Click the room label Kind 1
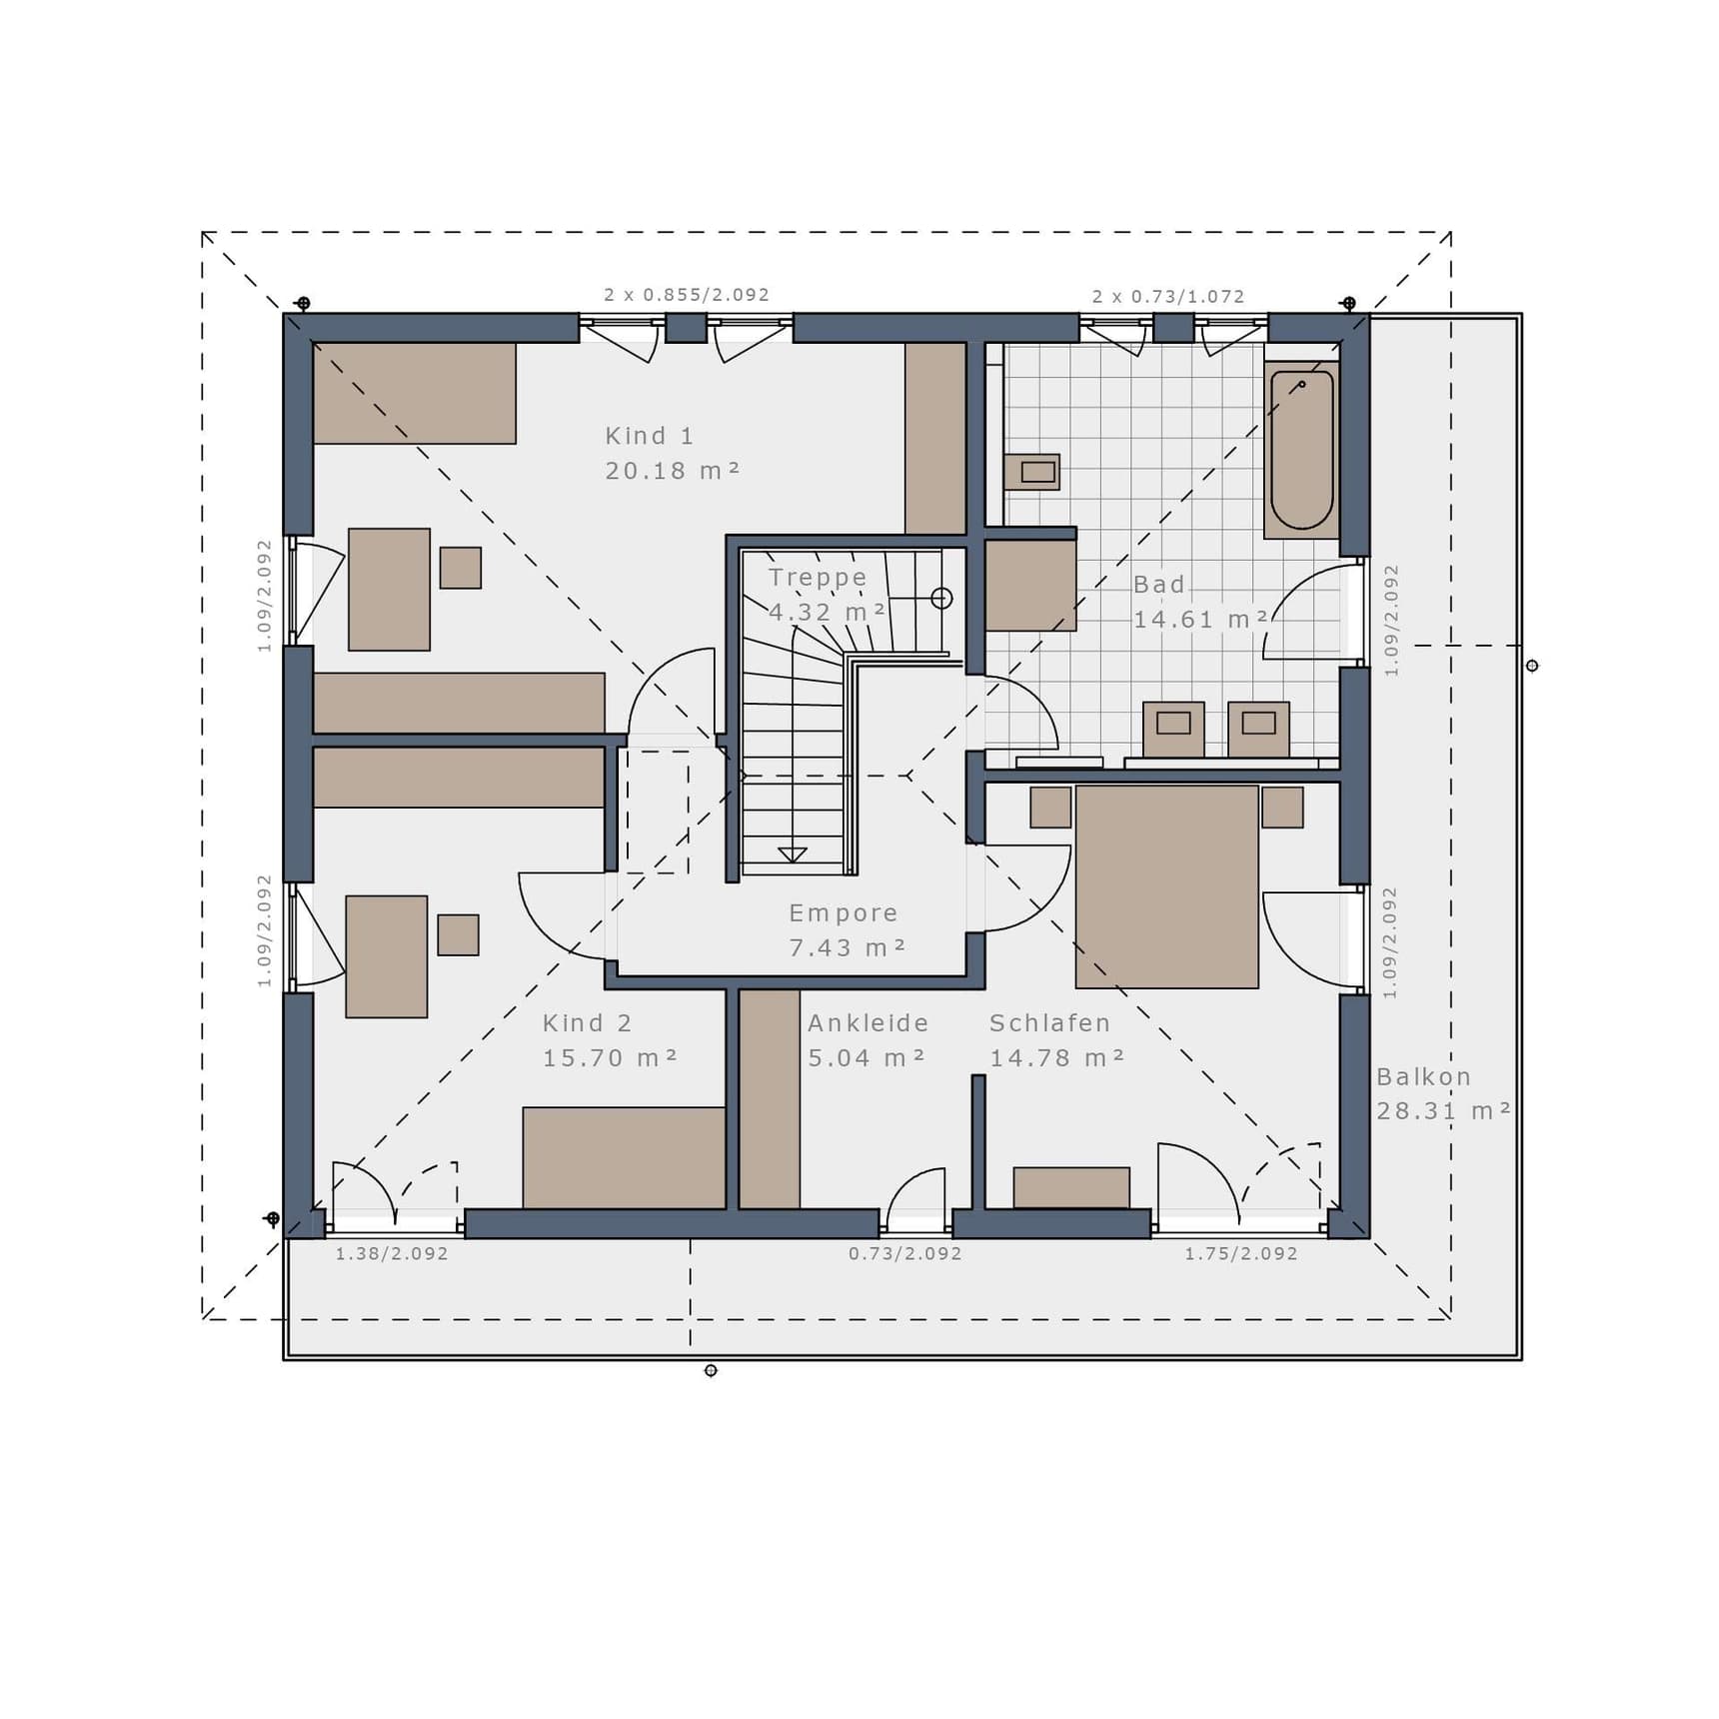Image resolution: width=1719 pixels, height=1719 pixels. click(649, 436)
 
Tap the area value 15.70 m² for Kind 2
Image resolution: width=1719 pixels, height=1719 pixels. click(610, 1057)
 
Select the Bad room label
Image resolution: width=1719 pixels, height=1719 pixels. click(1158, 584)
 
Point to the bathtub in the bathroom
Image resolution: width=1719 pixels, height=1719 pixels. click(1301, 450)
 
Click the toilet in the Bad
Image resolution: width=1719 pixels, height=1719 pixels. click(1032, 472)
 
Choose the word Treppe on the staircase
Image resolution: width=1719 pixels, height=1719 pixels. click(818, 578)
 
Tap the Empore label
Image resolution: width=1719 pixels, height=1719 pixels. click(844, 912)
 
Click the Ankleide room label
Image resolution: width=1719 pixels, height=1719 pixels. click(867, 1022)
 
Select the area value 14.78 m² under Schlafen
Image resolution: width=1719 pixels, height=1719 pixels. click(1057, 1057)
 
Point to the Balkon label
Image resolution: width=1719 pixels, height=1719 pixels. click(1423, 1076)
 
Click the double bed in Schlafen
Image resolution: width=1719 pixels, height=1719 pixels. click(1166, 886)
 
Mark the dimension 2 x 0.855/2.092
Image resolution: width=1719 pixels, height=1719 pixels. click(687, 295)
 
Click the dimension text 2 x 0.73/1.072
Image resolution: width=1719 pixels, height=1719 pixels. click(1168, 297)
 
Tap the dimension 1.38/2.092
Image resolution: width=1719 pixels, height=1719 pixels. click(392, 1253)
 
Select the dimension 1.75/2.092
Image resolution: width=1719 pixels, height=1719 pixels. click(1241, 1253)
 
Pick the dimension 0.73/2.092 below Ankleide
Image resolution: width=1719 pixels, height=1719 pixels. click(905, 1253)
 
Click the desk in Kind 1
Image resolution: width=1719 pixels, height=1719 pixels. click(389, 590)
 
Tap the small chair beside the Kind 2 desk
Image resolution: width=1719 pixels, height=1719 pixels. click(458, 934)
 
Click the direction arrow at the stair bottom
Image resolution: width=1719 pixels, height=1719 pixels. click(793, 855)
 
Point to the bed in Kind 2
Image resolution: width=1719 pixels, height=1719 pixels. click(624, 1157)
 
